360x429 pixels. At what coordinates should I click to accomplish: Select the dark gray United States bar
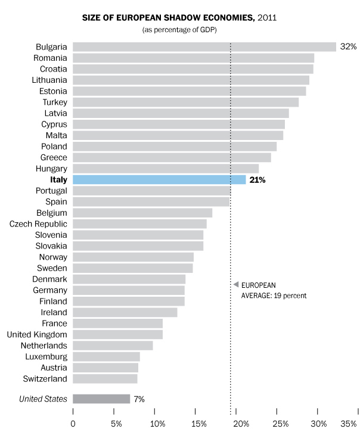pyautogui.click(x=101, y=399)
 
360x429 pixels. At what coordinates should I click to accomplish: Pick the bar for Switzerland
pyautogui.click(x=105, y=378)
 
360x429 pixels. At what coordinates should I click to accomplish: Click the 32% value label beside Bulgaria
pyautogui.click(x=348, y=46)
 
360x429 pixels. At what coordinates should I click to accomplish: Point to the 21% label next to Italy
pyautogui.click(x=257, y=179)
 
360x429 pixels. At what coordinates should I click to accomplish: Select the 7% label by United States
pyautogui.click(x=139, y=399)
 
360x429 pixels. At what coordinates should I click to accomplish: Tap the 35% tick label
pyautogui.click(x=349, y=423)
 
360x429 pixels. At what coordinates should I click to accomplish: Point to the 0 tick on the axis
pyautogui.click(x=73, y=423)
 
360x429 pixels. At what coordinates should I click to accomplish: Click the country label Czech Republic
pyautogui.click(x=38, y=223)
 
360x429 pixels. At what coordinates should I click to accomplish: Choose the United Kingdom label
pyautogui.click(x=37, y=334)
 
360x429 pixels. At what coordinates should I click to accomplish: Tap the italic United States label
pyautogui.click(x=43, y=399)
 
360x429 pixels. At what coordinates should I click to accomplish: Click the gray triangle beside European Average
pyautogui.click(x=236, y=285)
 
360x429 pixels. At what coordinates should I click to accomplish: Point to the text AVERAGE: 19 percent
pyautogui.click(x=274, y=295)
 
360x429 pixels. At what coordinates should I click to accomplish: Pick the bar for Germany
pyautogui.click(x=129, y=290)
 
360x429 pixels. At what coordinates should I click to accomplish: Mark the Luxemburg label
pyautogui.click(x=47, y=356)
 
